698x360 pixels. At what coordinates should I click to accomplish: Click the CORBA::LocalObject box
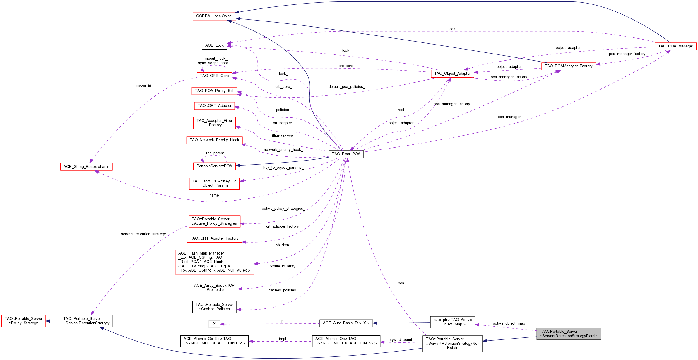[x=214, y=16]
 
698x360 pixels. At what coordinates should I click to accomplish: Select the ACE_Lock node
[x=214, y=45]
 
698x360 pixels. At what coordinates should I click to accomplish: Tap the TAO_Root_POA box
[x=346, y=154]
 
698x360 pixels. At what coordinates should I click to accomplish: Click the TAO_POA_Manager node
[x=675, y=46]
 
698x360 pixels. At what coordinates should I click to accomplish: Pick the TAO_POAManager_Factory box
[x=569, y=66]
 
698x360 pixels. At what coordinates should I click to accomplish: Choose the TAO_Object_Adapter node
[x=452, y=74]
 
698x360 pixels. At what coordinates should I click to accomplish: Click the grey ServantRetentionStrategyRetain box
[x=569, y=334]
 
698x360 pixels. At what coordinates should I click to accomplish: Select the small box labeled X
[x=214, y=324]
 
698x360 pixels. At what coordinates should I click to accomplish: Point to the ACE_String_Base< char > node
[x=86, y=167]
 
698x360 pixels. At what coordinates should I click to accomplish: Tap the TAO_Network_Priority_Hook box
[x=214, y=140]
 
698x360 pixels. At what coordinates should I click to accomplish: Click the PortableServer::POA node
[x=214, y=166]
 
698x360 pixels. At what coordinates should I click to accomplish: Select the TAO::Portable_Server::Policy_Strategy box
[x=23, y=321]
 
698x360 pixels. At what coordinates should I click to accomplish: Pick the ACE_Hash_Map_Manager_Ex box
[x=214, y=262]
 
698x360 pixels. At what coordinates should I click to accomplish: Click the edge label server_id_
[x=144, y=86]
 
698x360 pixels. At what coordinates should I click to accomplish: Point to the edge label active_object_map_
[x=510, y=323]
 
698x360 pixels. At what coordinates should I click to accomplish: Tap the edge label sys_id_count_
[x=401, y=340]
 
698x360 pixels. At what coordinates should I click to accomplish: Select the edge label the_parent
[x=215, y=153]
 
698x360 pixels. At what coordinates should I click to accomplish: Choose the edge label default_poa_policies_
[x=347, y=87]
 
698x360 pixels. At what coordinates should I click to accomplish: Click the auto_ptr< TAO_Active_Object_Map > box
[x=452, y=322]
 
